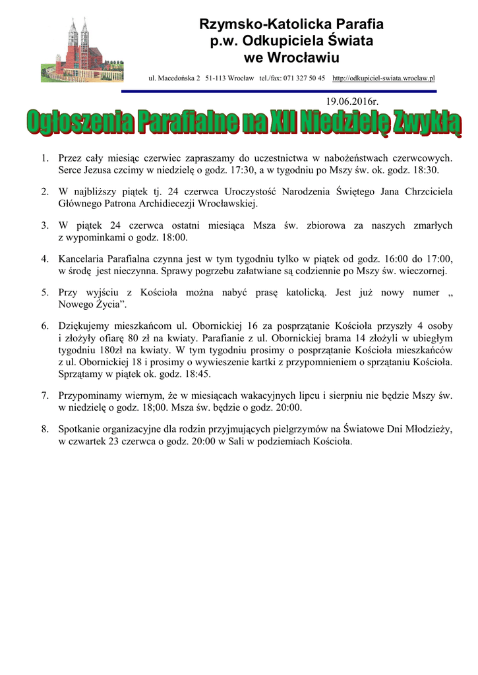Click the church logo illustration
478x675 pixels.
(x=82, y=49)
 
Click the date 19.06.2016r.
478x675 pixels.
(x=352, y=102)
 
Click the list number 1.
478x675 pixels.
(x=45, y=158)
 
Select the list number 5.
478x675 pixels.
(x=45, y=292)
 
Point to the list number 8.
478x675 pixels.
(x=45, y=430)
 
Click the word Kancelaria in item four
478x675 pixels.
(x=83, y=259)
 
